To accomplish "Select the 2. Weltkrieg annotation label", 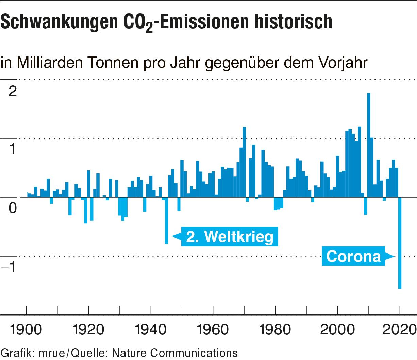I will [230, 236].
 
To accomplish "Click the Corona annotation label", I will [354, 256].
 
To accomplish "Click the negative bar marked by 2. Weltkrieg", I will [166, 221].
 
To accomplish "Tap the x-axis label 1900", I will [26, 329].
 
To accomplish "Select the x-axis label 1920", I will [88, 329].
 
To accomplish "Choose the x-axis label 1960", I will [213, 329].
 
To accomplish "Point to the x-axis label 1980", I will [275, 329].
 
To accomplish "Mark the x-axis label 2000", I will [337, 329].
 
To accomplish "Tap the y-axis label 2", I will [13, 91].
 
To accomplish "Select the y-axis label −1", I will [10, 268].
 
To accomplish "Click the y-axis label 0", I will [13, 208].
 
